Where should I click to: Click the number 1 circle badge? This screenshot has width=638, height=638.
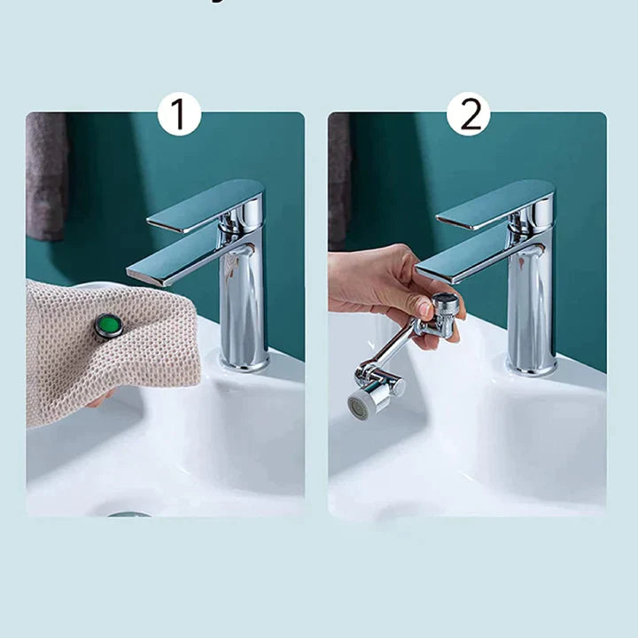point(179,113)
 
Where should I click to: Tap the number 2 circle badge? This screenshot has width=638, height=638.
point(469,113)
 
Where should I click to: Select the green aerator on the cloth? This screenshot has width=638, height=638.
point(109,325)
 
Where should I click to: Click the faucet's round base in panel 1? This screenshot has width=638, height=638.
point(244,362)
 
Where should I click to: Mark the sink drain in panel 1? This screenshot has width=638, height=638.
point(129,513)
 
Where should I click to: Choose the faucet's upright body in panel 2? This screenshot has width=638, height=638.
point(532,301)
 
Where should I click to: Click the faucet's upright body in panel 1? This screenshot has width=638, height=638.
point(244,301)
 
